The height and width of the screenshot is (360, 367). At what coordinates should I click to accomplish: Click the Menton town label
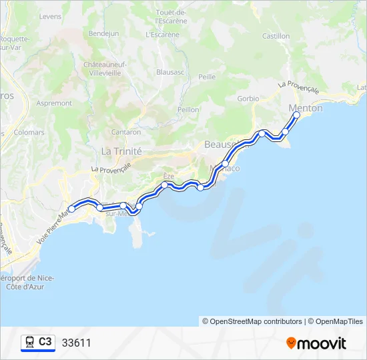click(306, 108)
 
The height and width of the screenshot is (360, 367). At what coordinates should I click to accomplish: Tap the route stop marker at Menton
click(297, 115)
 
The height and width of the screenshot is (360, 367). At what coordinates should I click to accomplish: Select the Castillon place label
click(276, 36)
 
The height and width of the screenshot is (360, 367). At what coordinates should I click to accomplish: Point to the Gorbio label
click(248, 99)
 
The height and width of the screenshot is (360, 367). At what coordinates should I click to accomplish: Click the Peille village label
click(207, 77)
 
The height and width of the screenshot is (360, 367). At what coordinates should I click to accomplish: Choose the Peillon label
click(189, 109)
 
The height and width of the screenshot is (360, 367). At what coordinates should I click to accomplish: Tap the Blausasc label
click(170, 71)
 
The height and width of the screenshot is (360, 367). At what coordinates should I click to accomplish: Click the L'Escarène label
click(162, 33)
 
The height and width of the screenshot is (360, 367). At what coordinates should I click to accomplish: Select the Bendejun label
click(103, 33)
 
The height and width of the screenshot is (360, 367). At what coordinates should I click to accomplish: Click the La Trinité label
click(121, 151)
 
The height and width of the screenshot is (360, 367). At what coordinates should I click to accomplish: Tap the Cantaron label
click(126, 132)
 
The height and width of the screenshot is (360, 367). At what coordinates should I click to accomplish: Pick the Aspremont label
click(54, 103)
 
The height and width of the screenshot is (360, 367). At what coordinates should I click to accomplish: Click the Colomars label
click(29, 132)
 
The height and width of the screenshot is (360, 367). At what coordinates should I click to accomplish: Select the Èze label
click(168, 175)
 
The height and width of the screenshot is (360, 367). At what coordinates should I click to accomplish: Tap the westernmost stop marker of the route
click(71, 209)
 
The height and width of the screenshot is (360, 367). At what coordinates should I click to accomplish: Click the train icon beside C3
click(30, 343)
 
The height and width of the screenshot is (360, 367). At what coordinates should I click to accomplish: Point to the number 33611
click(76, 343)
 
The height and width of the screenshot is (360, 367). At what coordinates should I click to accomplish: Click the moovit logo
click(316, 343)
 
